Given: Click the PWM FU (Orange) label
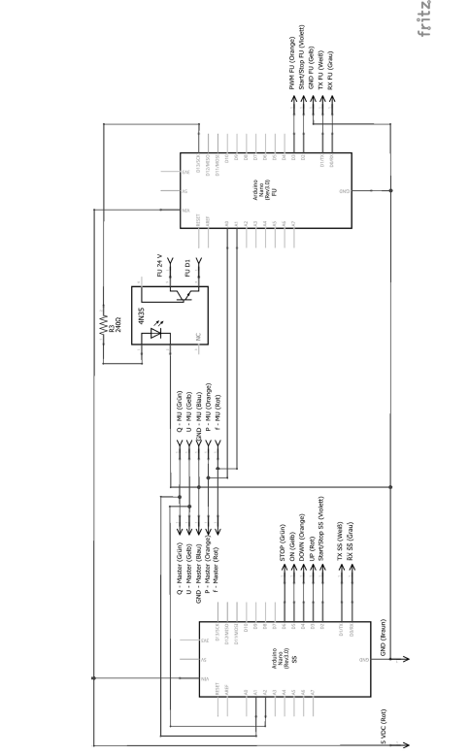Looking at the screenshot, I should point(291,64).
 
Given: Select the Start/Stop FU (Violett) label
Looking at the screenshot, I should point(302,59).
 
